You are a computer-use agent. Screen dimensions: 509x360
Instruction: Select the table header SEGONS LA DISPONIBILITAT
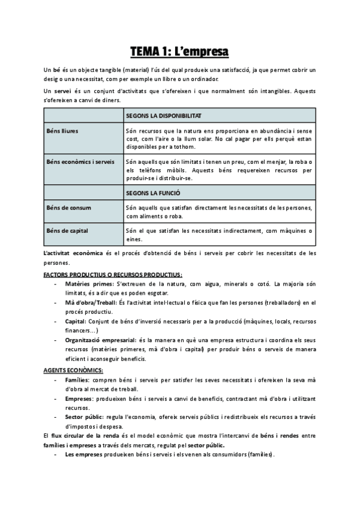tap(164, 115)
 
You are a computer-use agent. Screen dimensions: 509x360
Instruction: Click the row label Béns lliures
tap(62, 130)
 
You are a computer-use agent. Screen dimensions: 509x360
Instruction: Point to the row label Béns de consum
tap(68, 208)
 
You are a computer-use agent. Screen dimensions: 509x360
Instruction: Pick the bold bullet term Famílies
tap(77, 380)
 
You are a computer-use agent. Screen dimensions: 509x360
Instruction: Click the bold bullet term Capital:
tap(76, 321)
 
